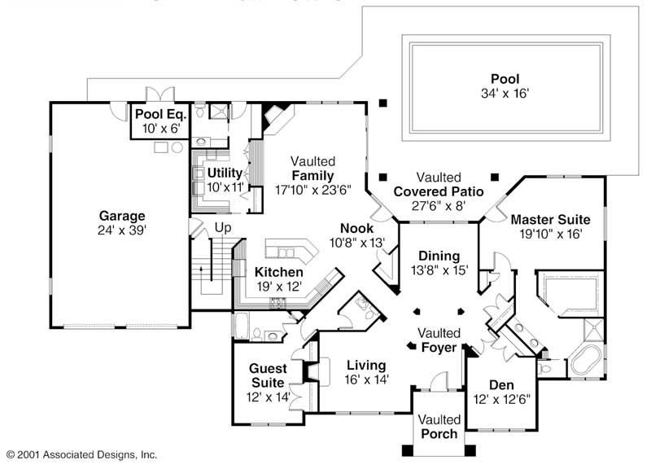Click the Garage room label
click(x=122, y=216)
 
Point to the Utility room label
click(x=224, y=173)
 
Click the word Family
click(x=312, y=175)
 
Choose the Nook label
click(x=356, y=230)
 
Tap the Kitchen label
click(x=279, y=272)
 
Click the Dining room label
click(x=439, y=256)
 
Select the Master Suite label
click(x=550, y=219)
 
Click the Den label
click(x=500, y=385)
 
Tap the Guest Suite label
click(x=267, y=375)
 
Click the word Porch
click(x=439, y=433)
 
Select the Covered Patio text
click(x=439, y=191)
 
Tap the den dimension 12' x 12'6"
click(x=500, y=399)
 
